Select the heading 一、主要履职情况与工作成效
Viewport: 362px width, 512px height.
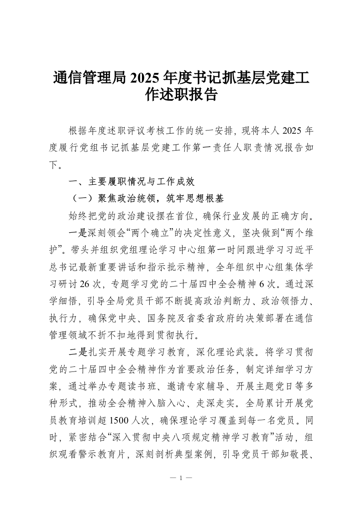tap(131, 182)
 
